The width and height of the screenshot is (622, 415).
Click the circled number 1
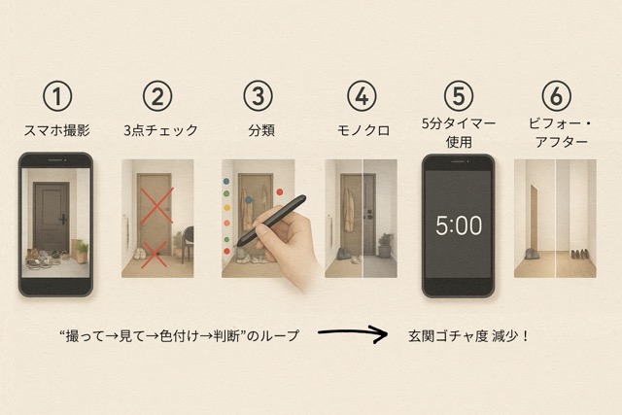pyautogui.click(x=57, y=95)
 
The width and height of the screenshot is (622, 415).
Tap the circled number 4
pyautogui.click(x=362, y=95)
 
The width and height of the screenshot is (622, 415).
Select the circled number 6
pyautogui.click(x=556, y=95)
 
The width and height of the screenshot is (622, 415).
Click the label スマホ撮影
pyautogui.click(x=56, y=130)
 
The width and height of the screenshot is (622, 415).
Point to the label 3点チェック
pyautogui.click(x=160, y=130)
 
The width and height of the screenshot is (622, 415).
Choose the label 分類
pyautogui.click(x=261, y=130)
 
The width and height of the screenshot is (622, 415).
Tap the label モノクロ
pyautogui.click(x=363, y=130)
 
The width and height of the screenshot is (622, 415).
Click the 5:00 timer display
pyautogui.click(x=459, y=225)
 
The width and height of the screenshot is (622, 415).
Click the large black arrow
pyautogui.click(x=352, y=333)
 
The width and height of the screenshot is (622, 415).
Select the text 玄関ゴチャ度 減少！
pyautogui.click(x=468, y=336)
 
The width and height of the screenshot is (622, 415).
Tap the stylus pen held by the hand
pyautogui.click(x=272, y=220)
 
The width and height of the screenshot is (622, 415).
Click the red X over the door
pyautogui.click(x=156, y=205)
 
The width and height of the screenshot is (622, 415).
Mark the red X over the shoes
pyautogui.click(x=155, y=254)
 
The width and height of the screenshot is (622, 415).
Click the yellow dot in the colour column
pyautogui.click(x=226, y=208)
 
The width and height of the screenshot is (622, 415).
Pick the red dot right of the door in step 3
pyautogui.click(x=280, y=192)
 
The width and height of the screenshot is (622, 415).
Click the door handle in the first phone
pyautogui.click(x=62, y=219)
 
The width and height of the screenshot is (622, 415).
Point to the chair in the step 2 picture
pyautogui.click(x=188, y=244)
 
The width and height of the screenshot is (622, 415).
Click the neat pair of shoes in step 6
pyautogui.click(x=579, y=254)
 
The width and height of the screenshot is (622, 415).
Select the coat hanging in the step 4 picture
pyautogui.click(x=349, y=210)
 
